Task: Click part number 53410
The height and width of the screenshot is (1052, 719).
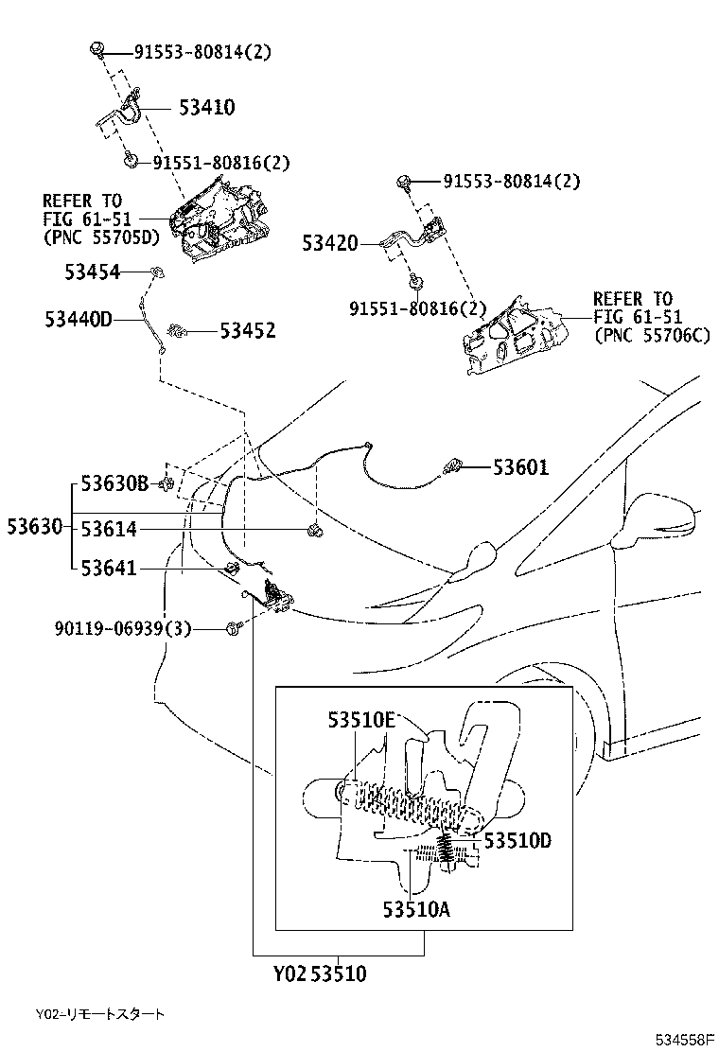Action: click(206, 108)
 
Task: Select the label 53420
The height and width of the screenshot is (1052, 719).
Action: click(330, 243)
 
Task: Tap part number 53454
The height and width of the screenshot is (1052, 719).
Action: click(93, 272)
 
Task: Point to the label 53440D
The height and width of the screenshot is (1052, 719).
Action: click(78, 320)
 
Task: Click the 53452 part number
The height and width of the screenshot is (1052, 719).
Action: click(248, 330)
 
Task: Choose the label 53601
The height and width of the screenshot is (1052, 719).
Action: click(520, 466)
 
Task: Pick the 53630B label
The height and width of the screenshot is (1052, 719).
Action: click(114, 484)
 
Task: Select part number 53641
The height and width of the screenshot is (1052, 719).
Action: click(108, 569)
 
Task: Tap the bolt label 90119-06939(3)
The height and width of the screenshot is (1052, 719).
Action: click(122, 627)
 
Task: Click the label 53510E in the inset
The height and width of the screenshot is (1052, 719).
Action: click(361, 720)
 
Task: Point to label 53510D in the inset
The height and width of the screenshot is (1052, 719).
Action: click(517, 839)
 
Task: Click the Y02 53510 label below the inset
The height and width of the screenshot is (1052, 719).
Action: click(320, 973)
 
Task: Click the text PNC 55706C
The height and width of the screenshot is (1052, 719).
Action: click(652, 335)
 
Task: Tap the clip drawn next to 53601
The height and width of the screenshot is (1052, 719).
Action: click(452, 465)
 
